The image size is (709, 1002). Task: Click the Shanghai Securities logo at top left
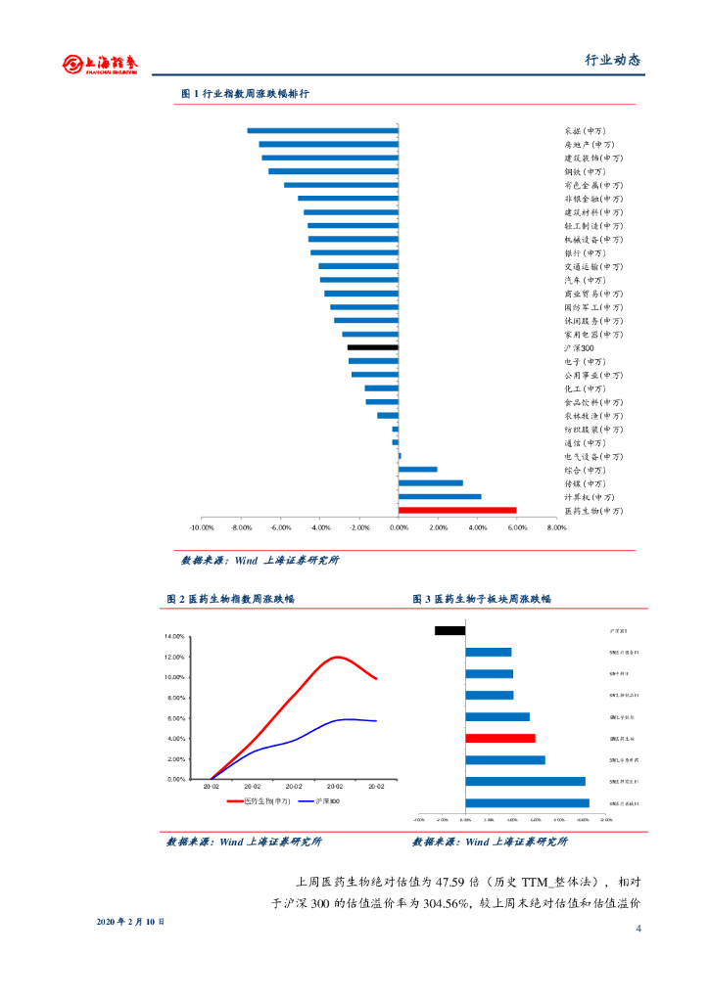pyautogui.click(x=100, y=64)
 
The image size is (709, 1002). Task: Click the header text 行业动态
pyautogui.click(x=612, y=61)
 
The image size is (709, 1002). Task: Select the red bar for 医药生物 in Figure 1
pyautogui.click(x=457, y=510)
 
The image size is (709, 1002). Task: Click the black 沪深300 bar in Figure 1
pyautogui.click(x=373, y=347)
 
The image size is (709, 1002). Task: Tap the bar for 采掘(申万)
pyautogui.click(x=323, y=130)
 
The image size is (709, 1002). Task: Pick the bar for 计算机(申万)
pyautogui.click(x=440, y=496)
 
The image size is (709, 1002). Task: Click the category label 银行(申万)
pyautogui.click(x=585, y=252)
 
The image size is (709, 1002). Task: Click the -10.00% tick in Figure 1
pyautogui.click(x=202, y=527)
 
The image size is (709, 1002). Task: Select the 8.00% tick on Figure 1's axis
pyautogui.click(x=556, y=527)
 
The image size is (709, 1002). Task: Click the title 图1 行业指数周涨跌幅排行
pyautogui.click(x=245, y=94)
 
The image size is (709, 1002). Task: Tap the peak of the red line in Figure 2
pyautogui.click(x=337, y=657)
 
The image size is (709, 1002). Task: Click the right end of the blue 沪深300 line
pyautogui.click(x=376, y=721)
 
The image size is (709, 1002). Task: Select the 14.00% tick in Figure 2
pyautogui.click(x=174, y=637)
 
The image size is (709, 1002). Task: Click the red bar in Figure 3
pyautogui.click(x=500, y=738)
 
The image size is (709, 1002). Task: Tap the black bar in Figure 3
pyautogui.click(x=449, y=630)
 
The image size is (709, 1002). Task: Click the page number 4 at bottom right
pyautogui.click(x=638, y=928)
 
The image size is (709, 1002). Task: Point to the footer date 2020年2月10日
pyautogui.click(x=131, y=922)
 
